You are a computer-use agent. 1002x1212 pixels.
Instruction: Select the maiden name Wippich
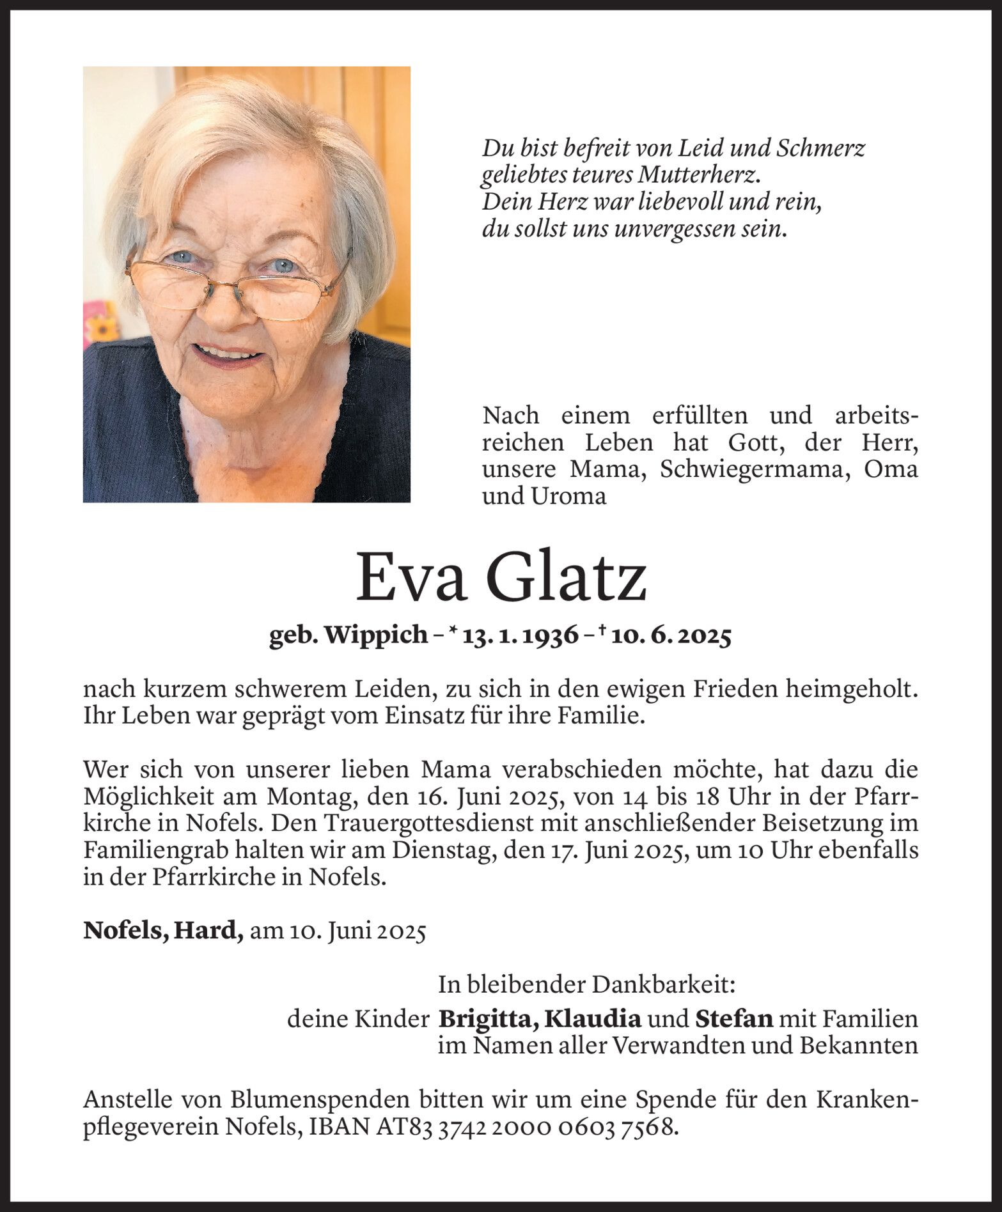click(x=377, y=635)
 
